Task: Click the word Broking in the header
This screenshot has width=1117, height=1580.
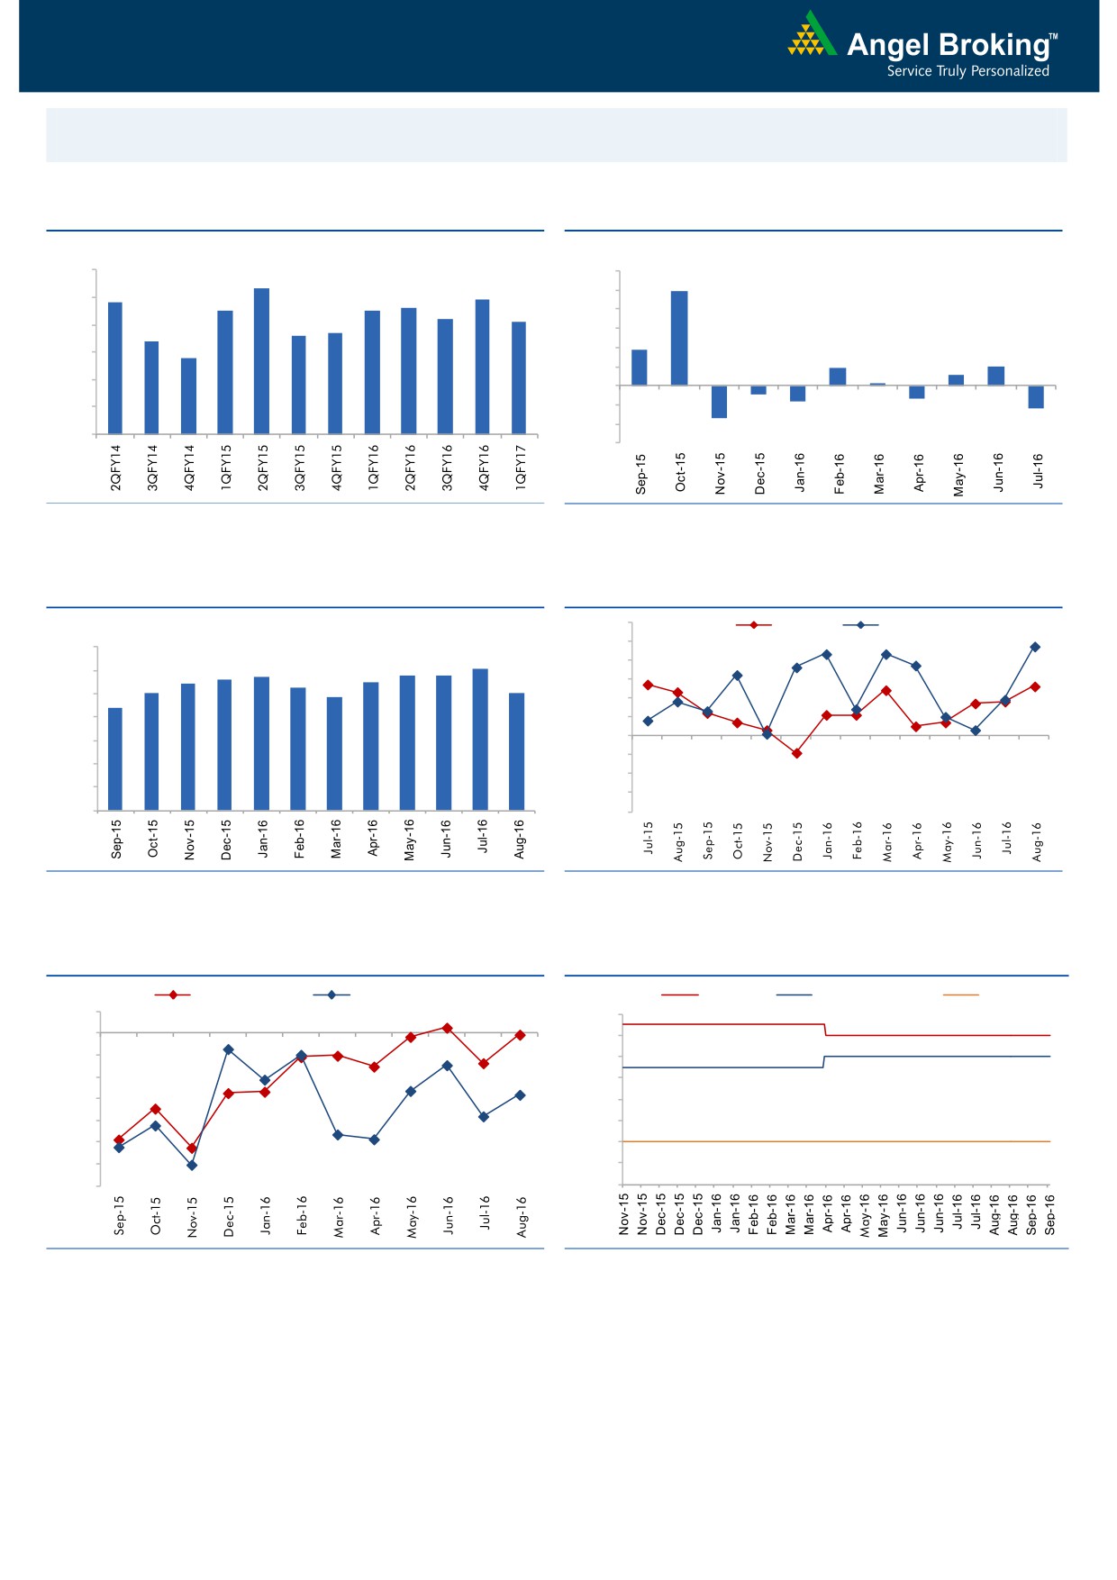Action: [991, 45]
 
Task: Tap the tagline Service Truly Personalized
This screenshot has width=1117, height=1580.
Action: [967, 71]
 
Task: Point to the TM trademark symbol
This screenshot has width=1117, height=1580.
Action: [1054, 37]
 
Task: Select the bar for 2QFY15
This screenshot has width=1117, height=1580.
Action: [262, 360]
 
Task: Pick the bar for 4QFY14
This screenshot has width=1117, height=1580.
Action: [188, 395]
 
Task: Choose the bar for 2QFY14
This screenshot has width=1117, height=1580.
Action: [115, 368]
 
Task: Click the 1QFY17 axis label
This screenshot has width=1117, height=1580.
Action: [520, 468]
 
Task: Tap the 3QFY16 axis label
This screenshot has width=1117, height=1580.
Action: [446, 468]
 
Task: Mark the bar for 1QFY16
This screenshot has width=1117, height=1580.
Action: [372, 372]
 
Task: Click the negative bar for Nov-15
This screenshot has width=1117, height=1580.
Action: [719, 402]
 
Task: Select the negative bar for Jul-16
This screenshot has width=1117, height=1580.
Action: [1036, 397]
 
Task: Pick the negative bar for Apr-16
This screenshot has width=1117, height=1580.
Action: [917, 392]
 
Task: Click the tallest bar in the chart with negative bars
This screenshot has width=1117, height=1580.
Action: [679, 338]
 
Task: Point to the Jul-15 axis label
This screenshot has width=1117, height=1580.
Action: [648, 838]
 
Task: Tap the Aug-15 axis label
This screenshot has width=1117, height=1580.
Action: [677, 841]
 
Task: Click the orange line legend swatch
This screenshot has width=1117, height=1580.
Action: [960, 995]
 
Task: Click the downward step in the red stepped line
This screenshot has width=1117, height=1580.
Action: [825, 1030]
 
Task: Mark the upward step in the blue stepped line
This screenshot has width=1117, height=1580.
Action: [823, 1062]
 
